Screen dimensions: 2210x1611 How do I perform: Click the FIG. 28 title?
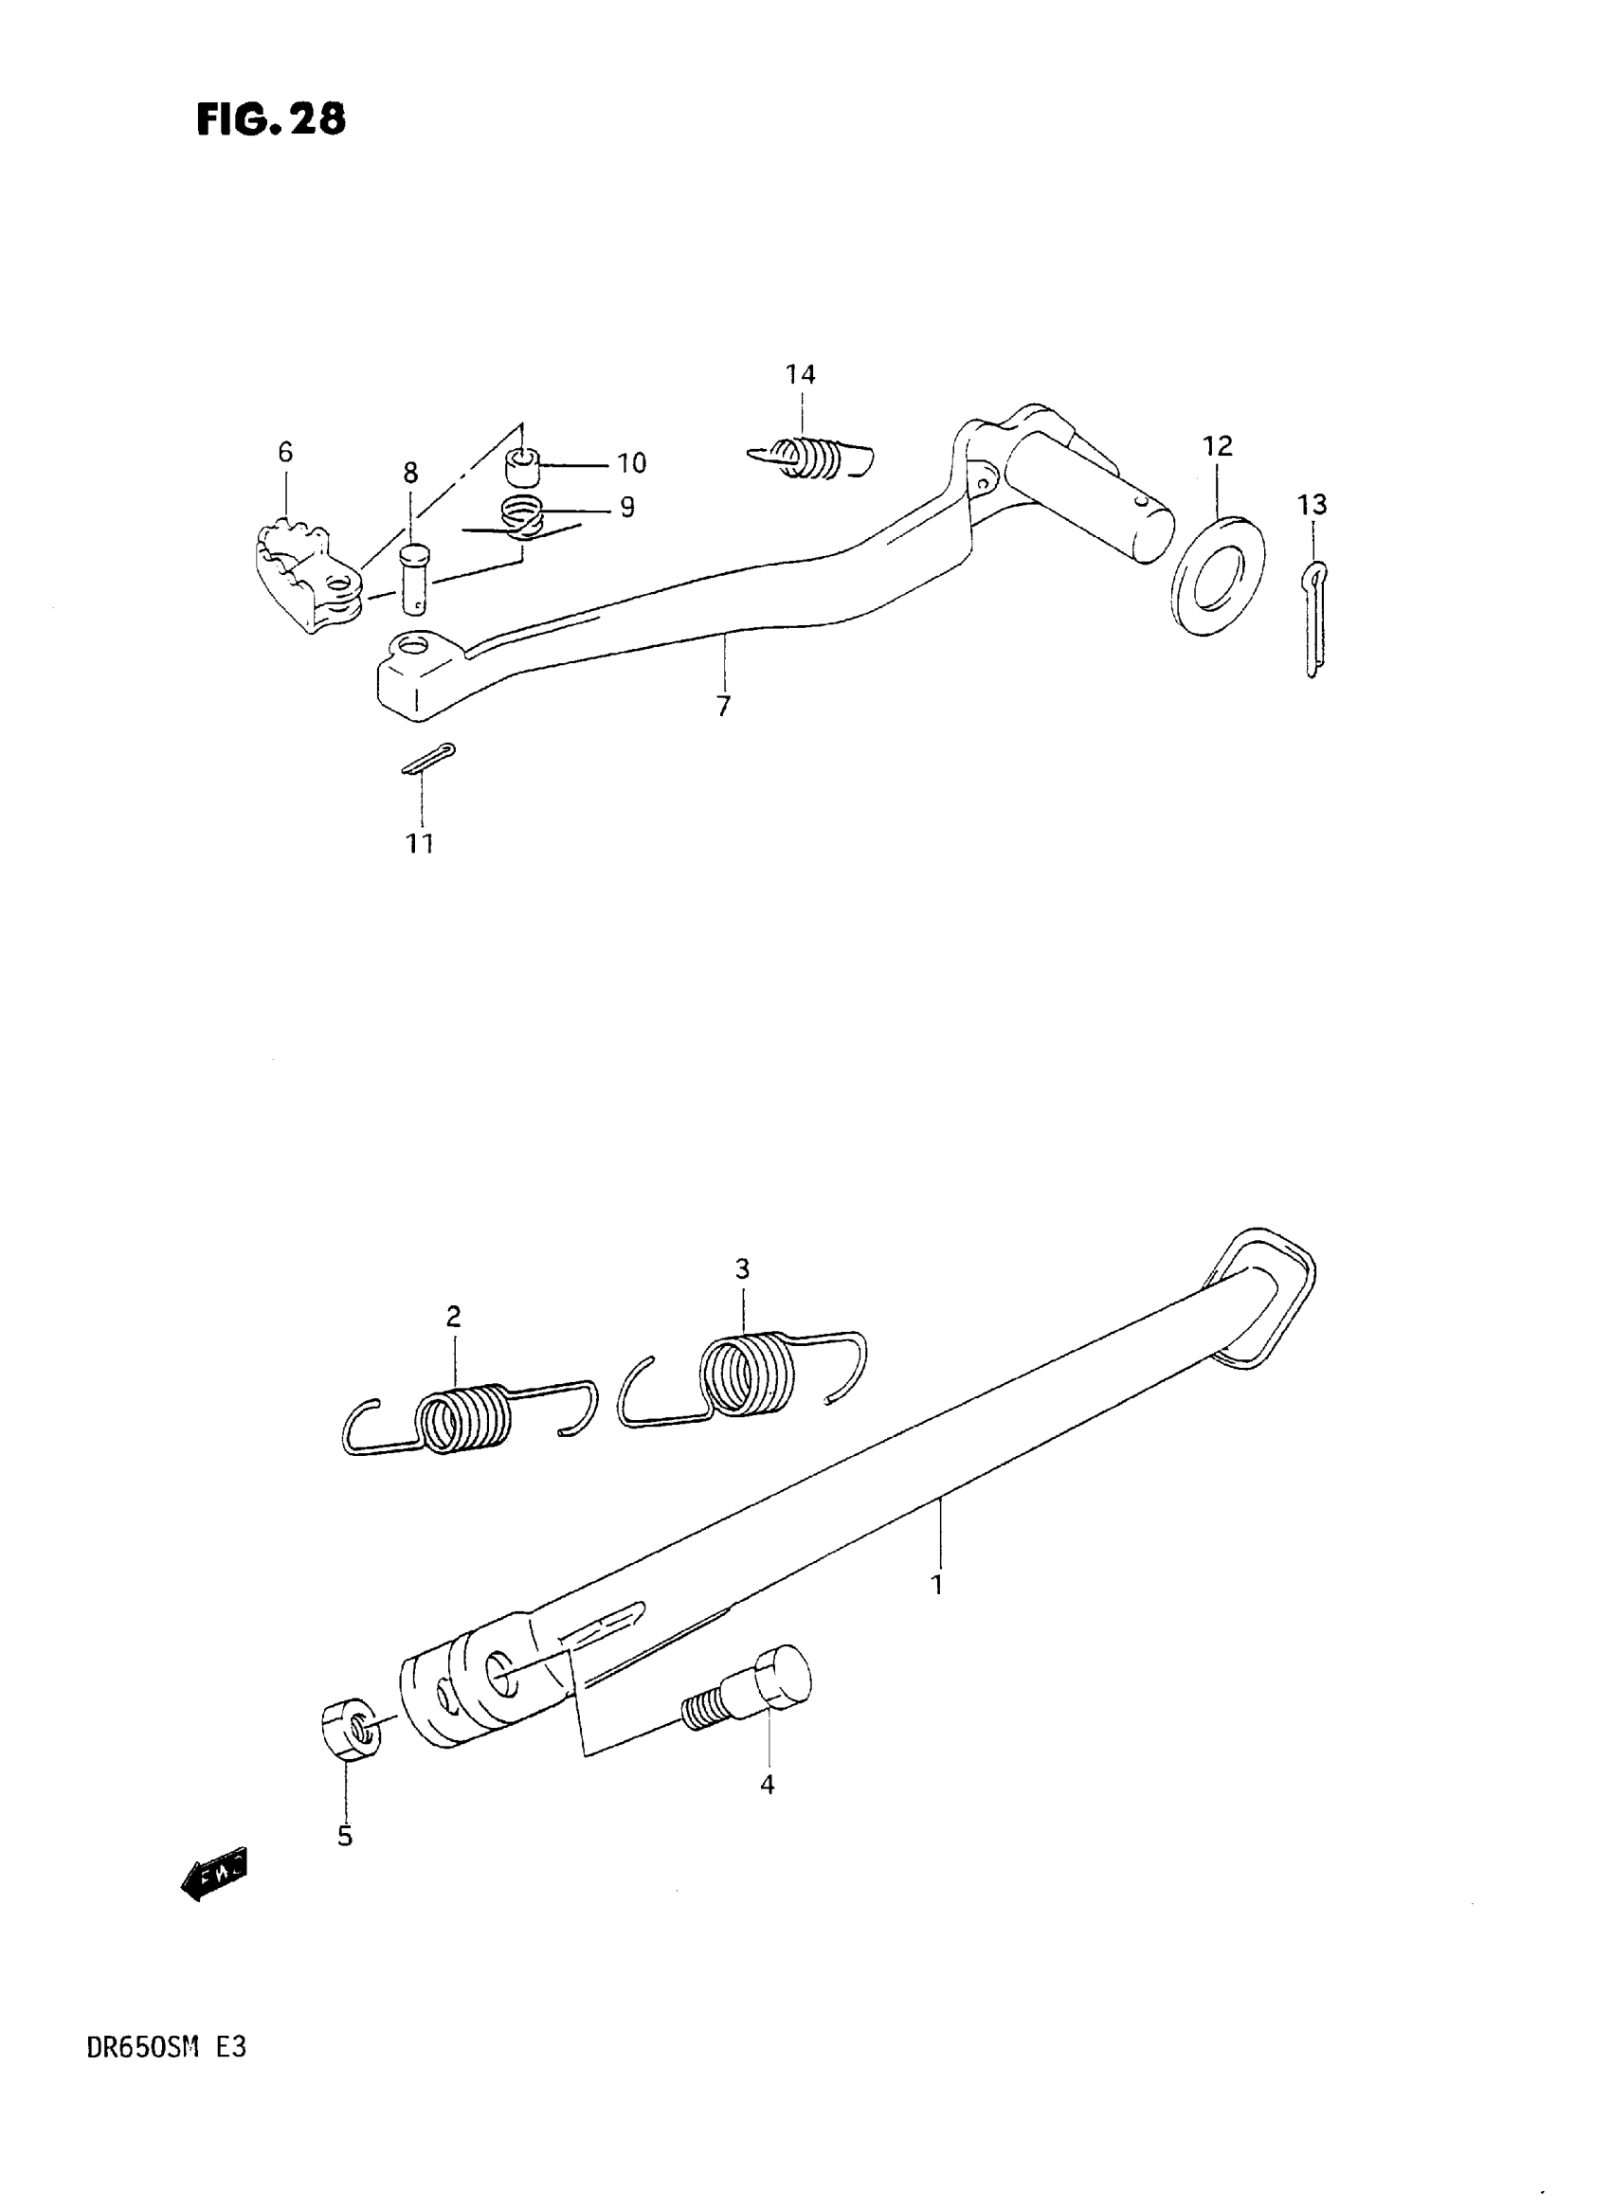click(271, 120)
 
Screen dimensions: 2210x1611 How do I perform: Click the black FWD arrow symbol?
click(215, 1874)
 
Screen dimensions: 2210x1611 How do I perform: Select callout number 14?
click(801, 374)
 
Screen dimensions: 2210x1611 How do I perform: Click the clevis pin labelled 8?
click(415, 579)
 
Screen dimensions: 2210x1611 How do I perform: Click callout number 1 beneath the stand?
click(937, 1585)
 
